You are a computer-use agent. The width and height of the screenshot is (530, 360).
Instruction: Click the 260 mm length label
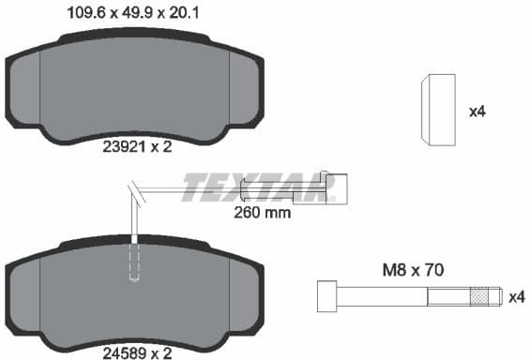(x=262, y=213)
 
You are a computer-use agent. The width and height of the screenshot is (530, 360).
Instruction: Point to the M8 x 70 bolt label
(x=412, y=269)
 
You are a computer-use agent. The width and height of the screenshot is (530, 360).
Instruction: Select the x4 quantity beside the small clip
(x=477, y=112)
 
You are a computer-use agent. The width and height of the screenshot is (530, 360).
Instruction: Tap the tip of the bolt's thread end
(x=497, y=296)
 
